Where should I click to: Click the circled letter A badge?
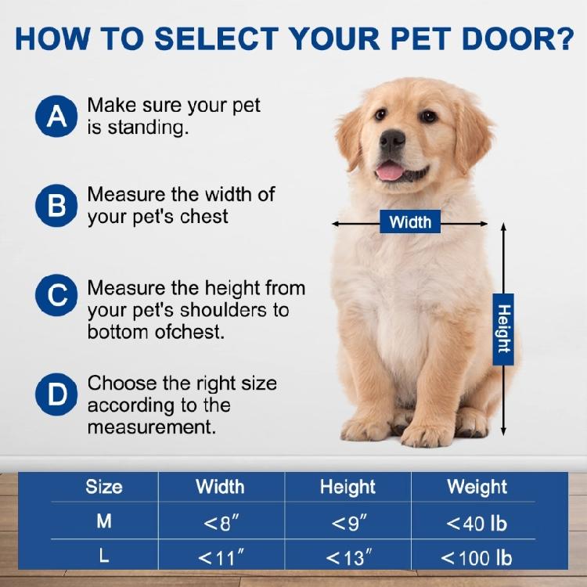tap(56, 117)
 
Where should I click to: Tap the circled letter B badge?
tap(56, 206)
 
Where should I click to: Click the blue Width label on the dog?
tap(410, 222)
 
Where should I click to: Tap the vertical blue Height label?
tap(504, 330)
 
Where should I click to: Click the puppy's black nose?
tap(392, 140)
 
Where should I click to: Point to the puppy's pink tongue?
tap(389, 171)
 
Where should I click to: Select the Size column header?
tap(104, 487)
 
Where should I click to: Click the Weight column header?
tap(477, 487)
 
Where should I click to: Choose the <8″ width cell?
tap(221, 523)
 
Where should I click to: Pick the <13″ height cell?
tap(348, 558)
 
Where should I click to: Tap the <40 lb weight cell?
tap(477, 523)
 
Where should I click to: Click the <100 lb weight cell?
tap(477, 558)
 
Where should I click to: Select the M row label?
tap(104, 521)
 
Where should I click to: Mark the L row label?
tap(104, 556)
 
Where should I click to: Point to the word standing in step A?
tap(146, 128)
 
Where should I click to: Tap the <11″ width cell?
tap(221, 558)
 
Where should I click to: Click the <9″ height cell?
tap(348, 523)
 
